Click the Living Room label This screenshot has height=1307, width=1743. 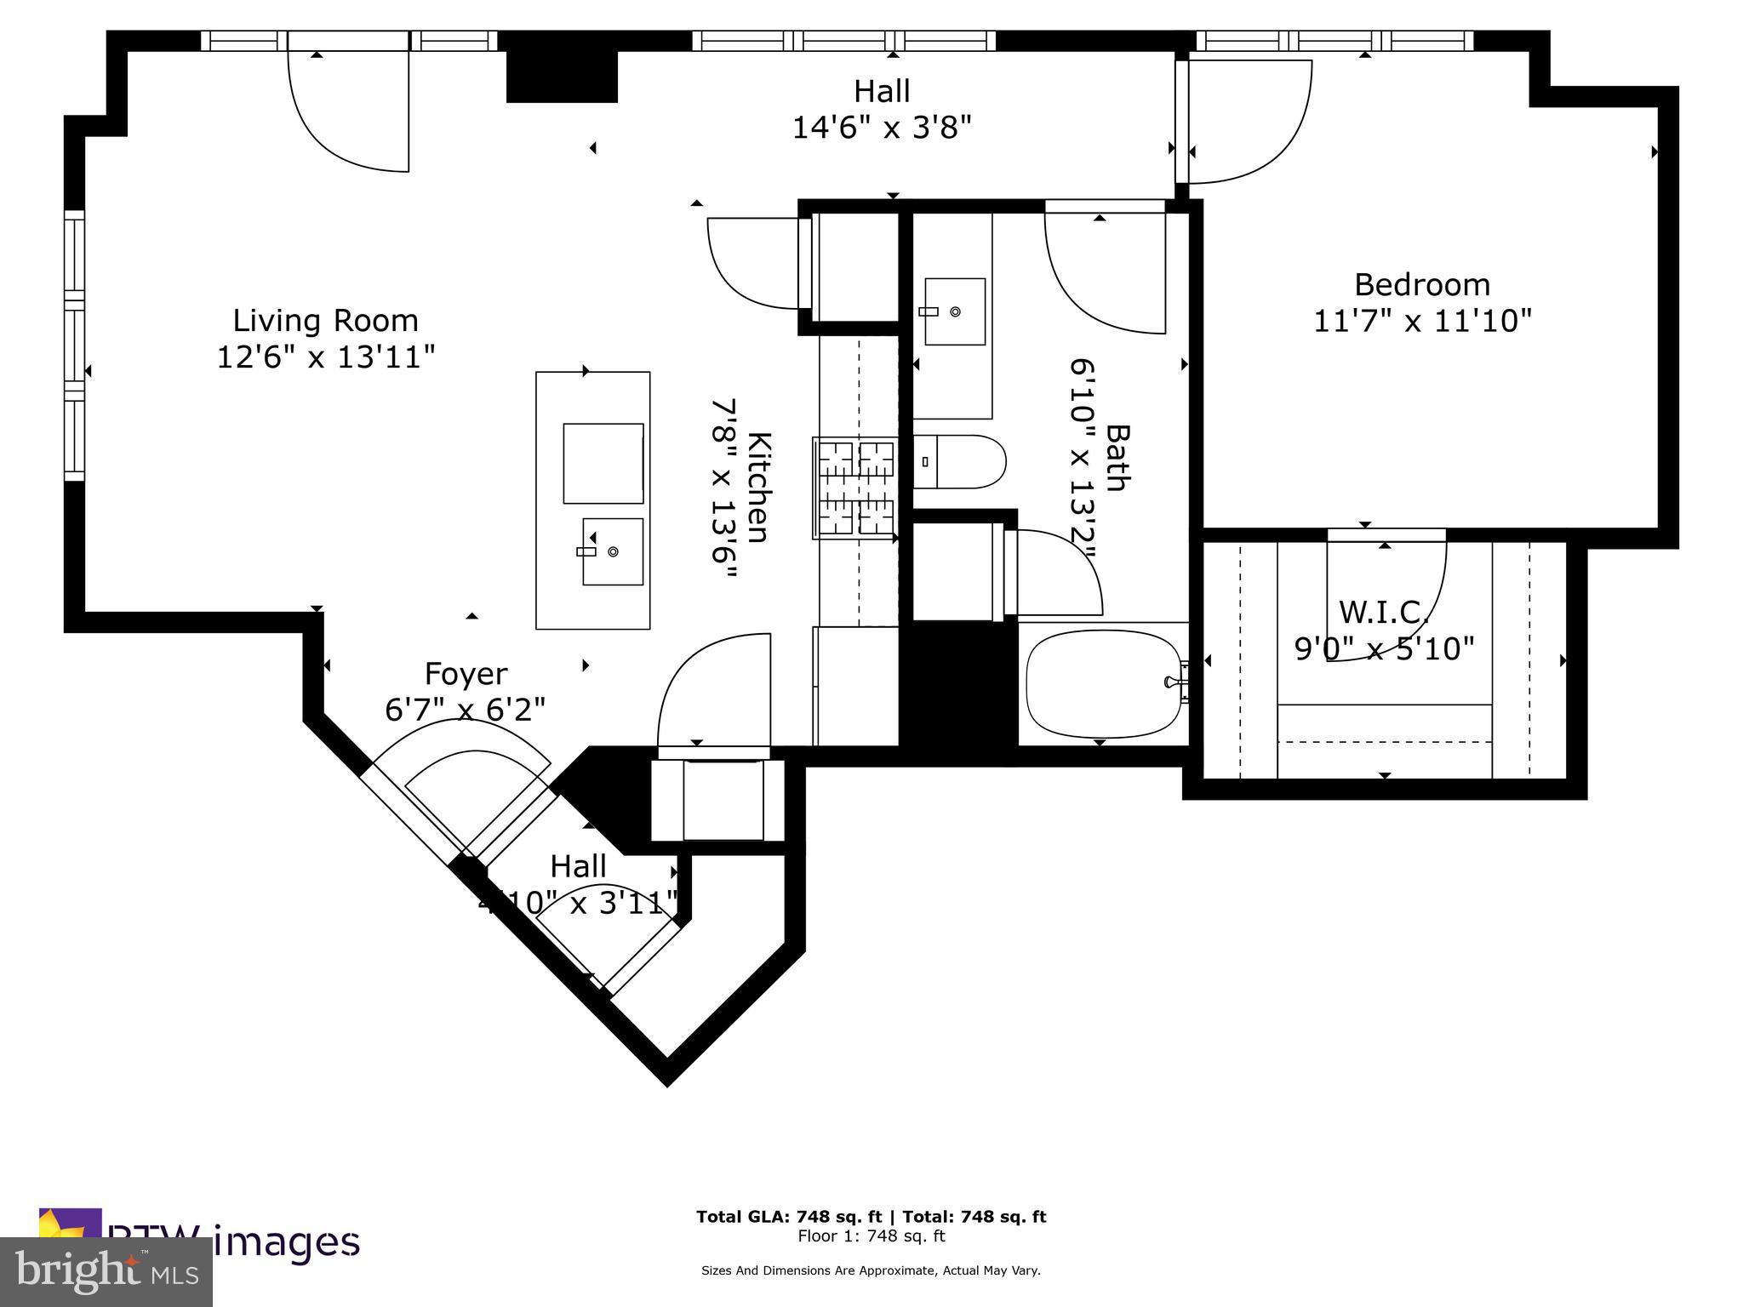[x=325, y=321]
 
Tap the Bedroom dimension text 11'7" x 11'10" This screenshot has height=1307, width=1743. [x=1422, y=322]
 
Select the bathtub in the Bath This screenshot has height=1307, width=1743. [x=1101, y=683]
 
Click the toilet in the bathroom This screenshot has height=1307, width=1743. [x=962, y=462]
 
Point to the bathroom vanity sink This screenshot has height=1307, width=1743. [x=954, y=311]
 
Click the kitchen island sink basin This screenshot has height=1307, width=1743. [x=612, y=551]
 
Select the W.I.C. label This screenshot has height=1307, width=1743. [x=1383, y=612]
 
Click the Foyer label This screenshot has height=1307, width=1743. [x=466, y=674]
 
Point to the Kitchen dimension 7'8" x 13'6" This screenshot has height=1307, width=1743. [x=723, y=488]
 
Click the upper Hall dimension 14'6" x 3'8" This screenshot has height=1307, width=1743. [x=882, y=128]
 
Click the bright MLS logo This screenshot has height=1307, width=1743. [x=106, y=1272]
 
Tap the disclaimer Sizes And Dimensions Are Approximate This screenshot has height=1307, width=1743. [x=870, y=1270]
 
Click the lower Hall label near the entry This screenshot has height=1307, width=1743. [x=578, y=867]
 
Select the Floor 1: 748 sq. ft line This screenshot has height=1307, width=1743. [x=871, y=1236]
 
